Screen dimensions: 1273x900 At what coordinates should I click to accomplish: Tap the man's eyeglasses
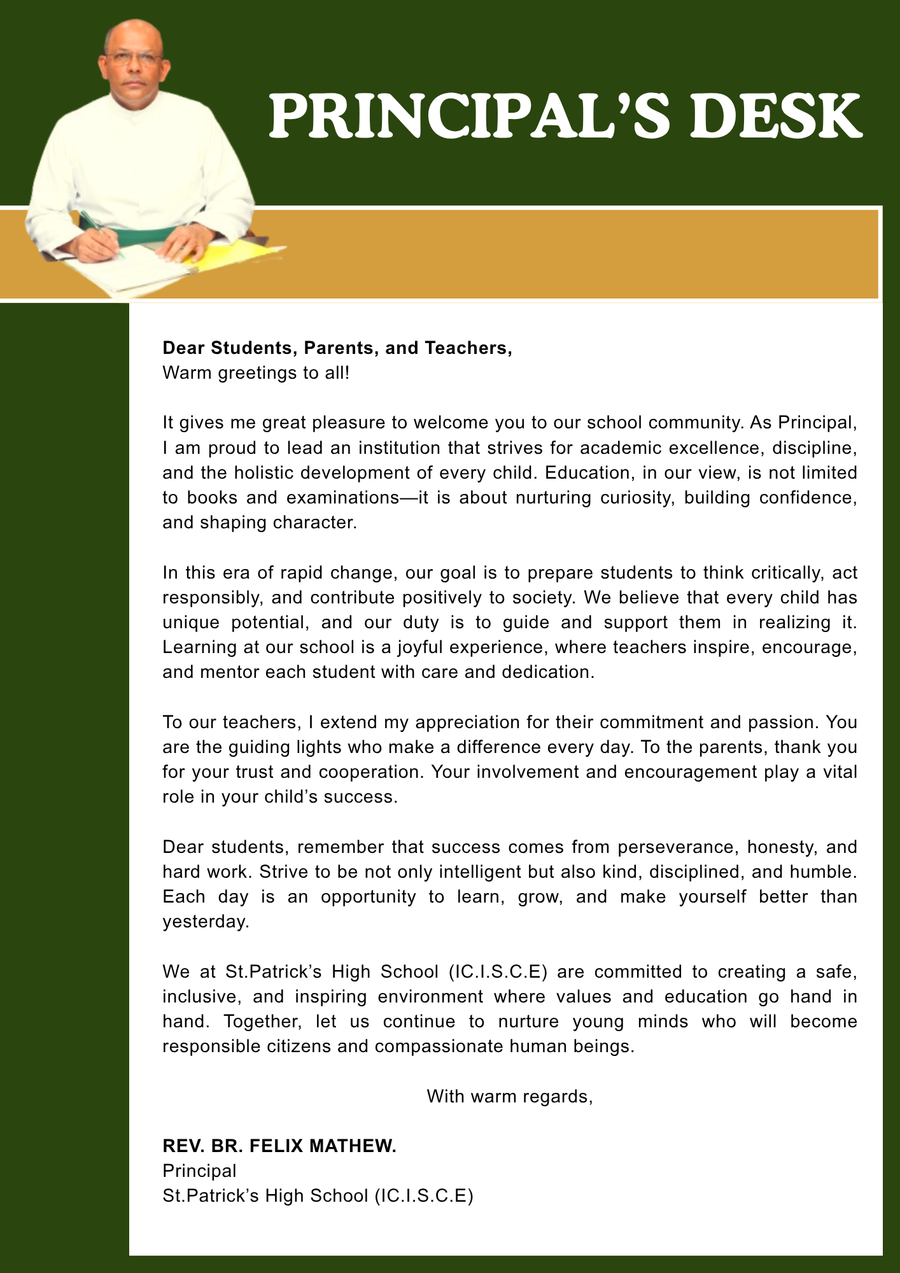point(134,59)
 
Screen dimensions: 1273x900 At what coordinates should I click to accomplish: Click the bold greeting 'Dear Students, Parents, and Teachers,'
point(337,348)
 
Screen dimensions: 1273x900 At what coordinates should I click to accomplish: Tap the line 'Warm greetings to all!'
point(256,372)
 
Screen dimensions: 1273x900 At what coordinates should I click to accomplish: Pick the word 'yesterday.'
point(206,922)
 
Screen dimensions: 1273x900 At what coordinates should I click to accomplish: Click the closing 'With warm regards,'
point(510,1096)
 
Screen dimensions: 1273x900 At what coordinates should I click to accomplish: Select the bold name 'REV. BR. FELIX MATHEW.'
point(279,1146)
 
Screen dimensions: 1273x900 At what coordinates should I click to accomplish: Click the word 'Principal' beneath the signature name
point(199,1171)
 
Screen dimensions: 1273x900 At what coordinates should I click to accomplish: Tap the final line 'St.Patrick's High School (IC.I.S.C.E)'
point(318,1195)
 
